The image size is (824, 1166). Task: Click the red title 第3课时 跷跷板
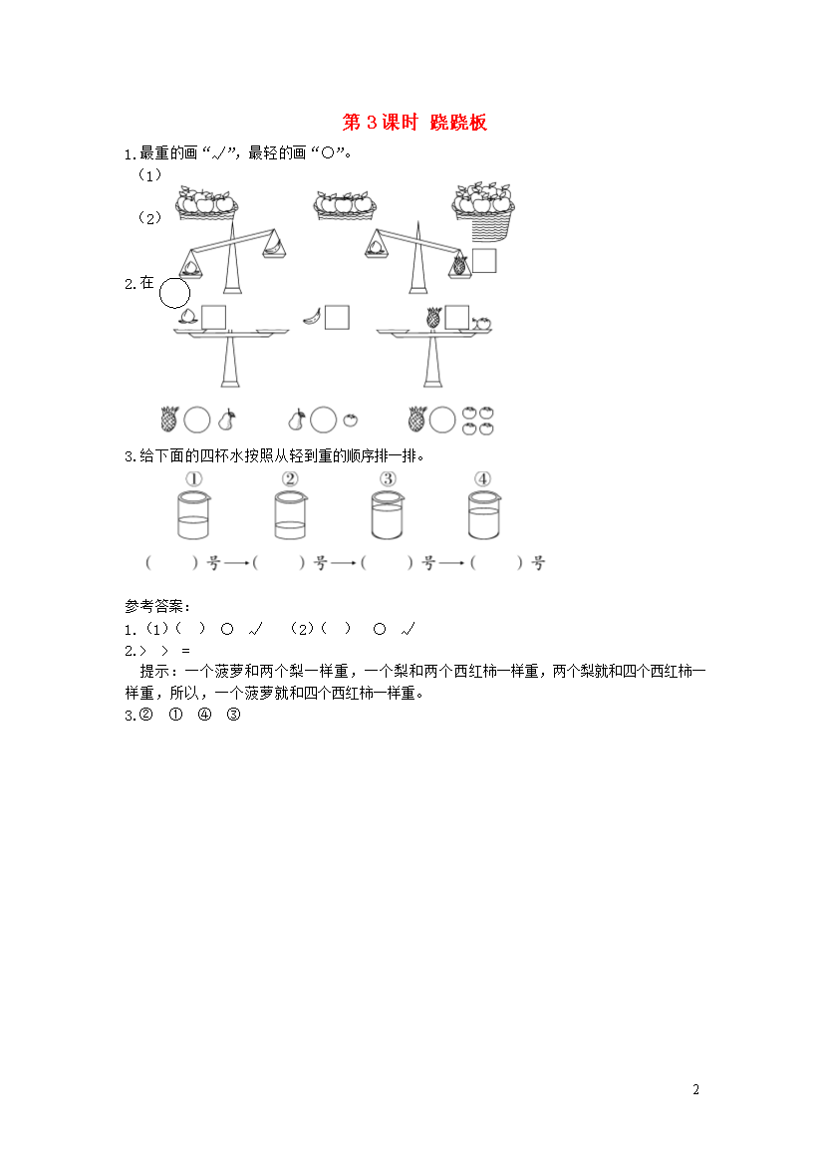[414, 122]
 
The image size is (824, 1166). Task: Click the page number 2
[696, 1089]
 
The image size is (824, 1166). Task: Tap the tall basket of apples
[483, 212]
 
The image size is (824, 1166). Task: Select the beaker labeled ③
[387, 514]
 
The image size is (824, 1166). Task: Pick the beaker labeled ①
[193, 514]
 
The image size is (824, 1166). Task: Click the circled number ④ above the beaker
[482, 478]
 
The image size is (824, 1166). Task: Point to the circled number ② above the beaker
[290, 478]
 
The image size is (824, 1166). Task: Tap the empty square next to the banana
[337, 318]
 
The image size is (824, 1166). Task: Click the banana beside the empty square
[312, 318]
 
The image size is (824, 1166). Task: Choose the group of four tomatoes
[477, 421]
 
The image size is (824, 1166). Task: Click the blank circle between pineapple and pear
[197, 420]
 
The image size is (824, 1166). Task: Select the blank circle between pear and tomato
[324, 420]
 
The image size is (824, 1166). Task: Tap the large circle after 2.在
[174, 293]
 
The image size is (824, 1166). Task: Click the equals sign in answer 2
[185, 651]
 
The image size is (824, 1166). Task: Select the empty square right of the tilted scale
[484, 260]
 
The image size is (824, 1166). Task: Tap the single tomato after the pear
[351, 421]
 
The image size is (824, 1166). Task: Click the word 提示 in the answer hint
[154, 672]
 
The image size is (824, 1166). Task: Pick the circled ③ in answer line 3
[233, 715]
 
